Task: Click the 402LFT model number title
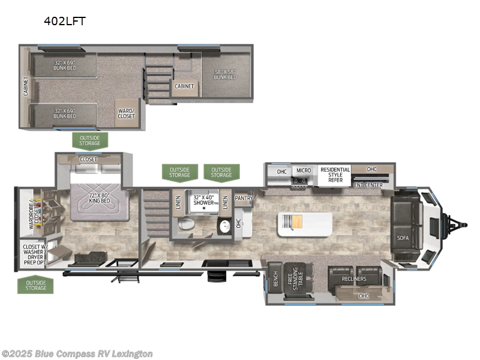coord(64,21)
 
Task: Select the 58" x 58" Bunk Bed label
coord(226,74)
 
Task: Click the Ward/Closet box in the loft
coord(125,113)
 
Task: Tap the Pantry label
coord(244,198)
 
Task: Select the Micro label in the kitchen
coord(303,171)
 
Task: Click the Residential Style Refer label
coord(335,175)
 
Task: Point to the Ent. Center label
coord(368,184)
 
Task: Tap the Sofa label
coord(403,238)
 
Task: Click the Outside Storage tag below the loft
coord(90,140)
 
